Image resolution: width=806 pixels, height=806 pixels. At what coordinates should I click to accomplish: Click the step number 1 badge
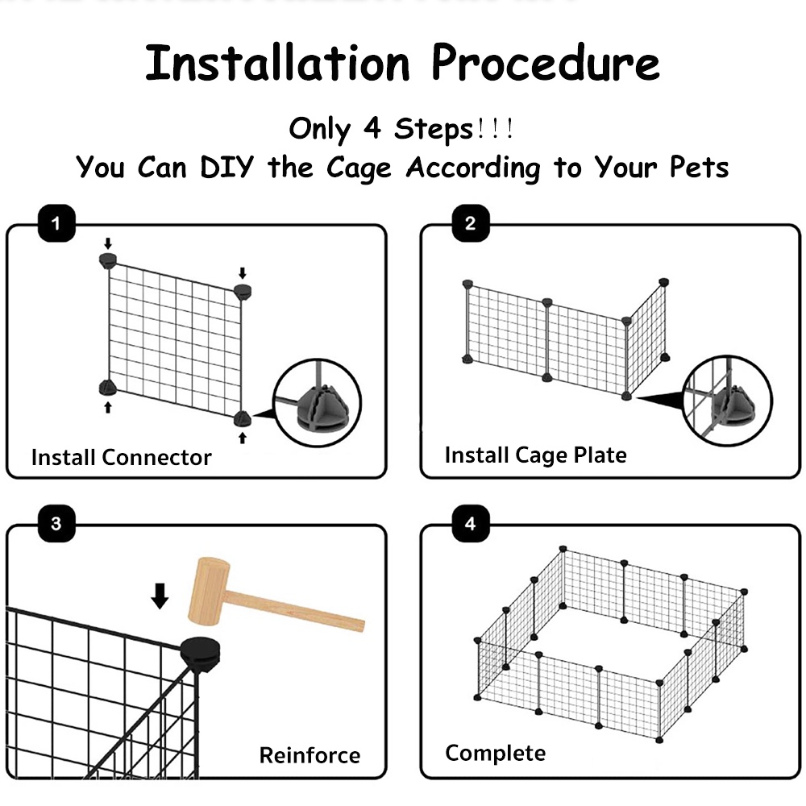[56, 223]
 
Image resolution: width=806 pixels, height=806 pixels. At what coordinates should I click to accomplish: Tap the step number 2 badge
[471, 223]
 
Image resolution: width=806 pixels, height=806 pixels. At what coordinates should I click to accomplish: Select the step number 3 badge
[56, 523]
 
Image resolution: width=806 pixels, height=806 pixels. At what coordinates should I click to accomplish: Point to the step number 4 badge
[471, 523]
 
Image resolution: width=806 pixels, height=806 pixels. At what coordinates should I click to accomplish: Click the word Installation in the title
[277, 63]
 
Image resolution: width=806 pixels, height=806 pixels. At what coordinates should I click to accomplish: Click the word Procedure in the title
[546, 63]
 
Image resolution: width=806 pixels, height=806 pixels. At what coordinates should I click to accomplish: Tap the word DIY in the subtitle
[226, 167]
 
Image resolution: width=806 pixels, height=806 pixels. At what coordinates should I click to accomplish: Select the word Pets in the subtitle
[699, 167]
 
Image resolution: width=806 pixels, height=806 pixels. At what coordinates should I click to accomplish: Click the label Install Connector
[122, 457]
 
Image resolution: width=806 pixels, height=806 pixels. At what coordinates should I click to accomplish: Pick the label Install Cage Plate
[536, 455]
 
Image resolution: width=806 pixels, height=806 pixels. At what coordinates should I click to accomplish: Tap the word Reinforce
[310, 755]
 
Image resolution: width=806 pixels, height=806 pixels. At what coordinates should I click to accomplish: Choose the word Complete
[496, 753]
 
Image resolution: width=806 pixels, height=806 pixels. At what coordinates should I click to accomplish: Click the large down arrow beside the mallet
[160, 596]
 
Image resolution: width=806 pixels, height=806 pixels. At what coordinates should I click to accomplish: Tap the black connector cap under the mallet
[201, 653]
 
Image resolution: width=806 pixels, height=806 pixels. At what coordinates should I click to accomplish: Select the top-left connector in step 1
[108, 260]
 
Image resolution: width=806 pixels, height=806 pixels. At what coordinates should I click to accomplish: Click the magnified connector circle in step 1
[317, 402]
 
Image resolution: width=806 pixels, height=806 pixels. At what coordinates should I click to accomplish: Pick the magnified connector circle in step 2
[727, 400]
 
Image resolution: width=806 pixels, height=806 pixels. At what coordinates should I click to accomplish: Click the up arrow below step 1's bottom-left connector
[108, 407]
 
